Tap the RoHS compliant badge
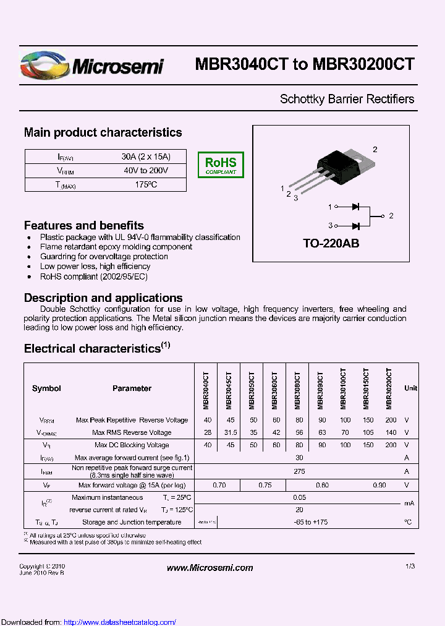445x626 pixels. pyautogui.click(x=221, y=165)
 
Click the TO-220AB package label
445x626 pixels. pyautogui.click(x=331, y=244)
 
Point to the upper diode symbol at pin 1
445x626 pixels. pyautogui.click(x=355, y=207)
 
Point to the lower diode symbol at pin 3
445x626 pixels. pyautogui.click(x=355, y=226)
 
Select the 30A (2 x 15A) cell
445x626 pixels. pyautogui.click(x=146, y=156)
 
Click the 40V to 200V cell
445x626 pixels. pyautogui.click(x=146, y=171)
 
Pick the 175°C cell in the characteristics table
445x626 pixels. pyautogui.click(x=146, y=185)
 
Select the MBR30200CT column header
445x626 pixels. pyautogui.click(x=389, y=388)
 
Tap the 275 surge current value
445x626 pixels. pyautogui.click(x=299, y=471)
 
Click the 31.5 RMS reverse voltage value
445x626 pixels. pyautogui.click(x=229, y=432)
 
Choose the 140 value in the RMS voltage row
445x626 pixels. pyautogui.click(x=391, y=432)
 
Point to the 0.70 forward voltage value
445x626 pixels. pyautogui.click(x=219, y=486)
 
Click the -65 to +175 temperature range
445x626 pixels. pyautogui.click(x=299, y=523)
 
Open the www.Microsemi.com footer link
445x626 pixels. pyautogui.click(x=210, y=568)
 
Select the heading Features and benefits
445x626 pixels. pyautogui.click(x=84, y=226)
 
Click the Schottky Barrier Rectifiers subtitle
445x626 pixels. pyautogui.click(x=347, y=99)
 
